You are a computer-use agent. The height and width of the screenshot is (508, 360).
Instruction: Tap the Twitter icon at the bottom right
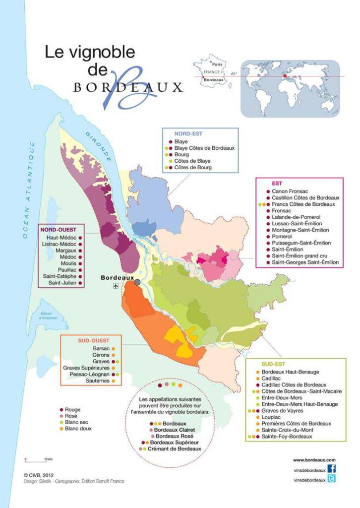[332, 479]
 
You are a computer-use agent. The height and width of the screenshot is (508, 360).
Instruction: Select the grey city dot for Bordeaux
[137, 282]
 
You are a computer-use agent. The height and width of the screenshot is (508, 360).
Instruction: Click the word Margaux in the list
[66, 251]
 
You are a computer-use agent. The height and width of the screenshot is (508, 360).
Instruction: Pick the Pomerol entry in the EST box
[282, 236]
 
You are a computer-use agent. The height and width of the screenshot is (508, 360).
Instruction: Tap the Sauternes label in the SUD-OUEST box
[97, 381]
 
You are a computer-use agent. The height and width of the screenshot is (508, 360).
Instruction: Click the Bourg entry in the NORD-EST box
[181, 154]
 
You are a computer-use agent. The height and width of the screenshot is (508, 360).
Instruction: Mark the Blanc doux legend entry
[78, 428]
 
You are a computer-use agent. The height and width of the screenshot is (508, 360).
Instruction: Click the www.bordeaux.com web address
[314, 460]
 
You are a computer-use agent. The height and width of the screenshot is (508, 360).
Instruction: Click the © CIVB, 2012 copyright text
[40, 474]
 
